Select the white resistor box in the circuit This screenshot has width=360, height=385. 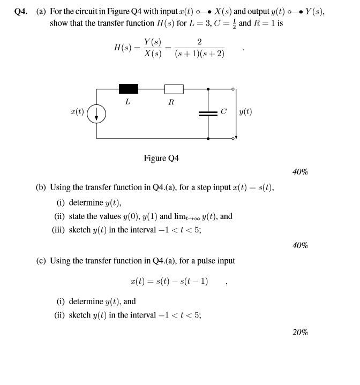[174, 88]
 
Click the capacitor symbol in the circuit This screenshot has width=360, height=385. [207, 113]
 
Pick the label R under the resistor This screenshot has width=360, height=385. [171, 102]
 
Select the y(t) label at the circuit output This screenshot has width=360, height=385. [245, 112]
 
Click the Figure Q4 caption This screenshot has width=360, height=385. [161, 158]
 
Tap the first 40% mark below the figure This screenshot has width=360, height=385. [300, 172]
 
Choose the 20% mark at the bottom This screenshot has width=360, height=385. [300, 332]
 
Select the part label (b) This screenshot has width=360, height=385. [41, 187]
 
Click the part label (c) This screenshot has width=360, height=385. [41, 261]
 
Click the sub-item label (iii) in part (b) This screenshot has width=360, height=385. [59, 230]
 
